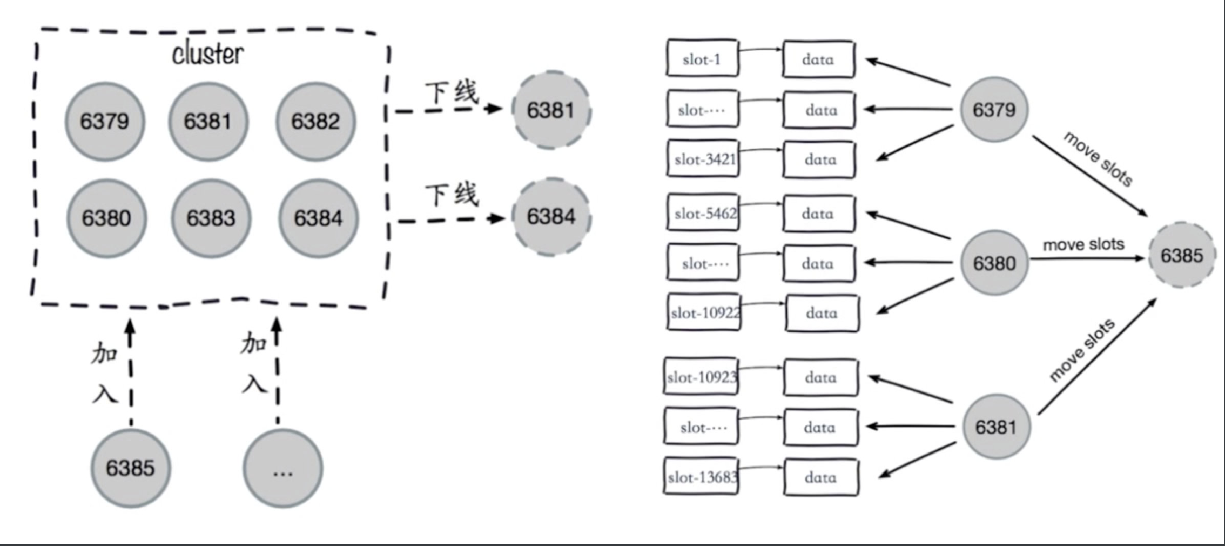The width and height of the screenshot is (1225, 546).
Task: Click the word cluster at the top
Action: [208, 54]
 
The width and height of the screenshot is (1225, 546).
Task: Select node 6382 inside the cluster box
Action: [315, 121]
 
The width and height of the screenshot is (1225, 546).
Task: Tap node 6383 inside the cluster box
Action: [211, 218]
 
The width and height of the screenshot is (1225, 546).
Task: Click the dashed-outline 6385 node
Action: [1181, 255]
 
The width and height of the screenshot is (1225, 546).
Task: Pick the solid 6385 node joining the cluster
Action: [130, 468]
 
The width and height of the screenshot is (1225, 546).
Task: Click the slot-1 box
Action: [702, 58]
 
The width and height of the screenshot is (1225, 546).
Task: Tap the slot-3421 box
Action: [703, 159]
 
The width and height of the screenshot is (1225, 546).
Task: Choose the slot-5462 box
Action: [703, 213]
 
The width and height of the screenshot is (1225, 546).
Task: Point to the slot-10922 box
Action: [704, 312]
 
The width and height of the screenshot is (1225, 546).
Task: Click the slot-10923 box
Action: [701, 377]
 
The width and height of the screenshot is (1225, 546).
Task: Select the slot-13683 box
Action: [701, 477]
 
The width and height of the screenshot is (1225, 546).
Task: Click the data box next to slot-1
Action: [818, 59]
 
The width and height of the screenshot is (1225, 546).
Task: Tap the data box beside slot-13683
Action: [820, 477]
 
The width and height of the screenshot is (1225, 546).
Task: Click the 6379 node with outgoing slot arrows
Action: [994, 110]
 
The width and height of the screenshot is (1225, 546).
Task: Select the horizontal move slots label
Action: [1083, 244]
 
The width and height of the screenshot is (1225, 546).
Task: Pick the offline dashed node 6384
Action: [551, 216]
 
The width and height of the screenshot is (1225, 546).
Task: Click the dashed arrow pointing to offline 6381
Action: [448, 110]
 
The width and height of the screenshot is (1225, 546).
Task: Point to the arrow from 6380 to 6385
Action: [1086, 258]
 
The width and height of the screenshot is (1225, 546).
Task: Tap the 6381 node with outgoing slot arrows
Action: [996, 427]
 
